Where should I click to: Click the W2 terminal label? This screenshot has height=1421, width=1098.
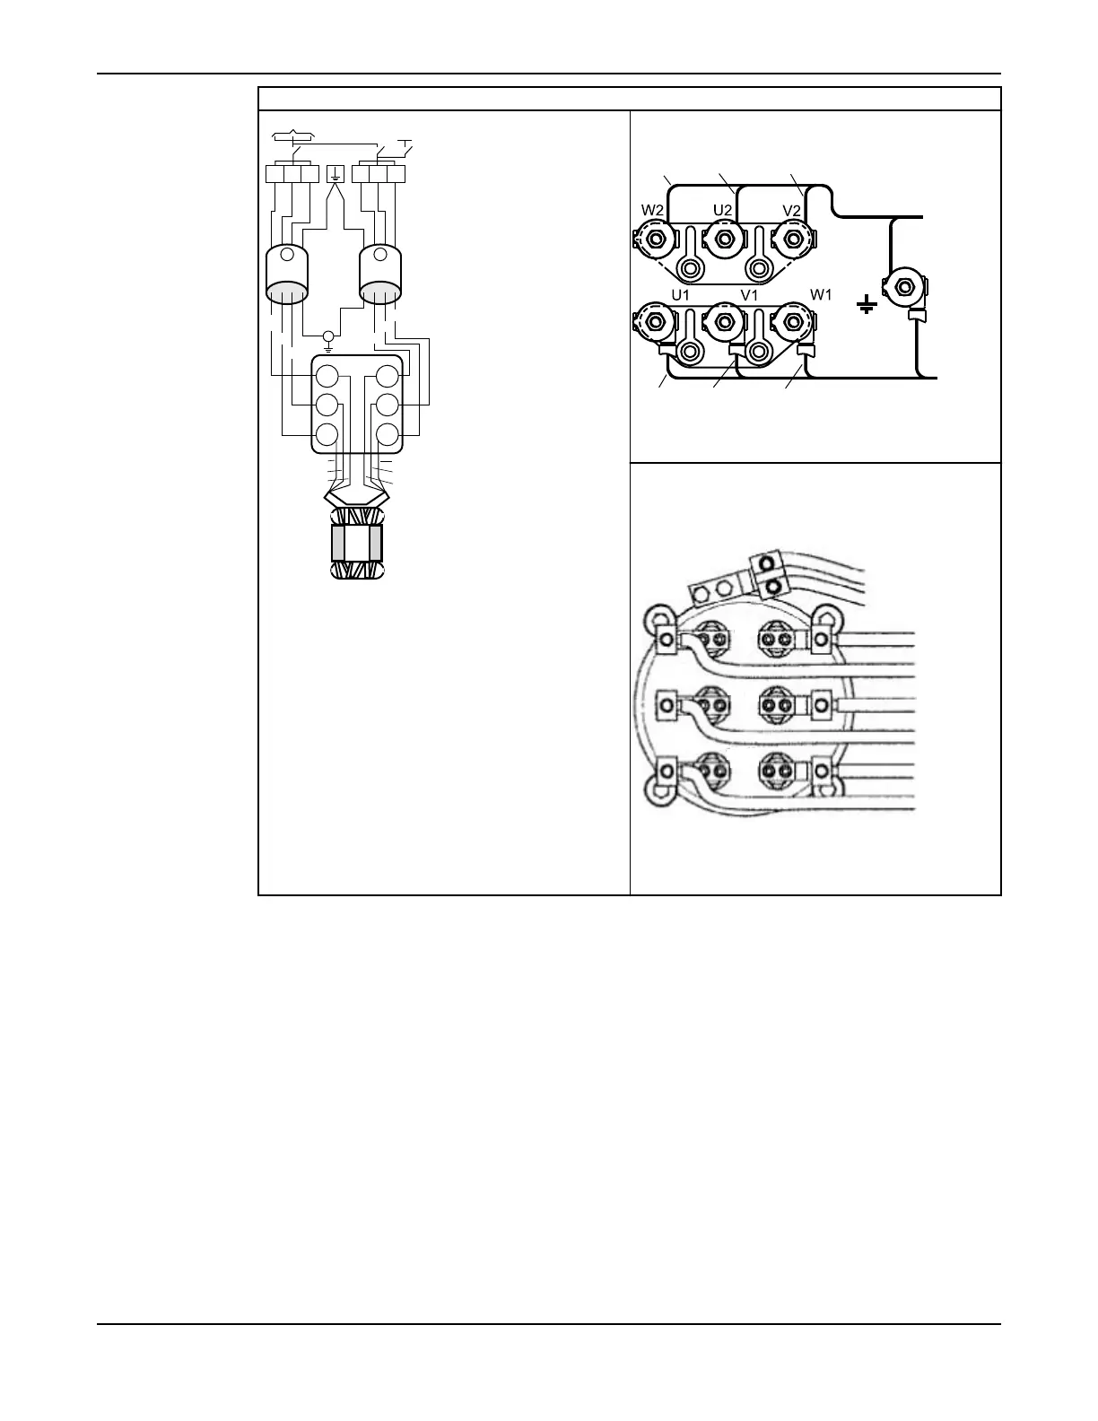pyautogui.click(x=652, y=210)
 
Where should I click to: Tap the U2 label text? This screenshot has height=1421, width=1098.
pyautogui.click(x=724, y=210)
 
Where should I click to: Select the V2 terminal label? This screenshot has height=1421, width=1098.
pyautogui.click(x=792, y=210)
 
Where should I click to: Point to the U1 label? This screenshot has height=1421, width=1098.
pyautogui.click(x=680, y=294)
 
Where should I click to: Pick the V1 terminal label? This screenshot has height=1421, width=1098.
pyautogui.click(x=750, y=294)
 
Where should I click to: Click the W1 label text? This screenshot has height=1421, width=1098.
pyautogui.click(x=822, y=294)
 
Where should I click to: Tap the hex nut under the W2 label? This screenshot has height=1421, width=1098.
pyautogui.click(x=655, y=239)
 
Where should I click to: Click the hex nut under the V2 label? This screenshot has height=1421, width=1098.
pyautogui.click(x=792, y=239)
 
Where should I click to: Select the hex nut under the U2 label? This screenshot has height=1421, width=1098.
pyautogui.click(x=723, y=239)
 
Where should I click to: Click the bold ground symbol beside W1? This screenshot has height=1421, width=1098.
pyautogui.click(x=867, y=307)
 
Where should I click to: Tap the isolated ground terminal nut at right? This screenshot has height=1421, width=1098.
pyautogui.click(x=904, y=287)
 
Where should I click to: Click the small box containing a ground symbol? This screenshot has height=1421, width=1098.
pyautogui.click(x=335, y=174)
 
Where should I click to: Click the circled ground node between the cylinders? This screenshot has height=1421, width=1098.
pyautogui.click(x=329, y=337)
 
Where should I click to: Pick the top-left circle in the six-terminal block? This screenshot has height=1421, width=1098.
pyautogui.click(x=327, y=376)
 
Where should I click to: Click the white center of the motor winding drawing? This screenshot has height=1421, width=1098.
pyautogui.click(x=357, y=543)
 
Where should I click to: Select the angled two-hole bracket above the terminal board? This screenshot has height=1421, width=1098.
pyautogui.click(x=714, y=589)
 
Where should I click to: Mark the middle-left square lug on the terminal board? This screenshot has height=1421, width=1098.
pyautogui.click(x=667, y=705)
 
